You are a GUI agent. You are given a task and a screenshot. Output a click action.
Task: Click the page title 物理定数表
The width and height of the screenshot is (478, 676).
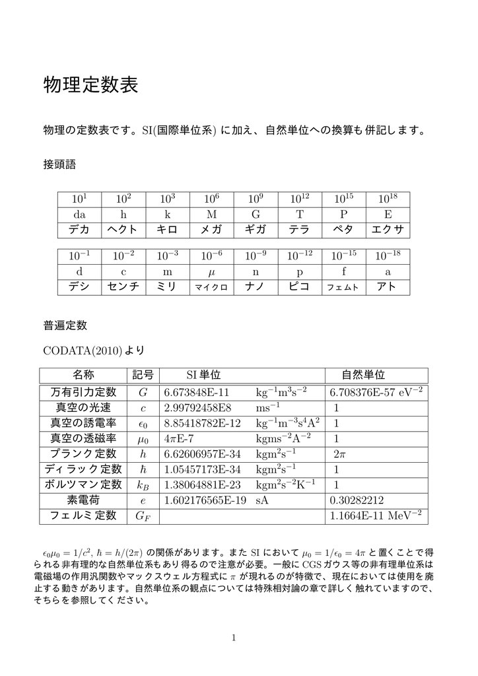tap(90, 85)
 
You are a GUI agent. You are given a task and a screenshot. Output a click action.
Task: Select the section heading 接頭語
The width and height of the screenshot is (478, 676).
tap(60, 163)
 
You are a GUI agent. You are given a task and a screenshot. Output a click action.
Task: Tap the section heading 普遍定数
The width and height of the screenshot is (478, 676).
tap(65, 325)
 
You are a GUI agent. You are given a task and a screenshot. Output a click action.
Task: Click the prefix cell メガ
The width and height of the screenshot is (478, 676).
tap(211, 230)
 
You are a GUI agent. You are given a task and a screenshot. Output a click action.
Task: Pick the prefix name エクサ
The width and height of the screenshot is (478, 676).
tap(388, 230)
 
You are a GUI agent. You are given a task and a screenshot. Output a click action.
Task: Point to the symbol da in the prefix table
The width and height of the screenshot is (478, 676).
tap(79, 215)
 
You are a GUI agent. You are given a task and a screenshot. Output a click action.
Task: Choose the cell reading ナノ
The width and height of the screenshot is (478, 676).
tap(255, 287)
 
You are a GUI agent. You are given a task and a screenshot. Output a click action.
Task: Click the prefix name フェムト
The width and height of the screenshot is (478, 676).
tap(343, 288)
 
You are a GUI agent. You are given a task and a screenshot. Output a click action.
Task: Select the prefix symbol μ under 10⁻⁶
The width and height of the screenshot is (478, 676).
tap(211, 272)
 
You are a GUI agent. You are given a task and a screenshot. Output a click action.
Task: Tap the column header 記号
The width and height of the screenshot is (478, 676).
tap(143, 375)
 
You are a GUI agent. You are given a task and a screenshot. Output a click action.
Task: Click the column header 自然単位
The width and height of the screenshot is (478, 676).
tap(363, 375)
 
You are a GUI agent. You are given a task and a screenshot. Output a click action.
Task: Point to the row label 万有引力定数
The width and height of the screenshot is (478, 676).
tap(84, 392)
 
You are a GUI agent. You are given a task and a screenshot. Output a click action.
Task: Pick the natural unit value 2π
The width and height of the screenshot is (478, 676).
tap(340, 454)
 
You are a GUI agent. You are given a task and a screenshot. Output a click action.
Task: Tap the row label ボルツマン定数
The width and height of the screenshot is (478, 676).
tap(84, 485)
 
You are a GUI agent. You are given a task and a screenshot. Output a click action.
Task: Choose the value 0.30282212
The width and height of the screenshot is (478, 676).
tap(356, 500)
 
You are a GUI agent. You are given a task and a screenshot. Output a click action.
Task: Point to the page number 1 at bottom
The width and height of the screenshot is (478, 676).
tap(234, 637)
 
